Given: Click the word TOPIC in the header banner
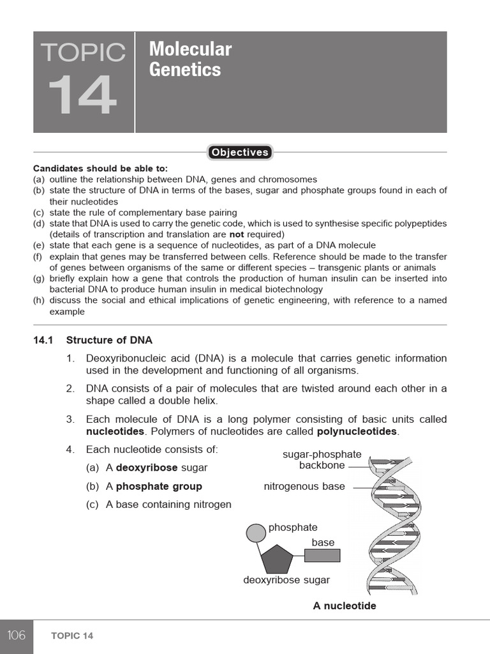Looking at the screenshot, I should pyautogui.click(x=83, y=52).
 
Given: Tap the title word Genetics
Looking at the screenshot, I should pyautogui.click(x=185, y=70).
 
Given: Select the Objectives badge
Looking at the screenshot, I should pyautogui.click(x=240, y=152).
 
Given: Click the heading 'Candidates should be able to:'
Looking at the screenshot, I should pyautogui.click(x=100, y=169).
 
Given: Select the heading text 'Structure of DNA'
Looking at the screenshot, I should pyautogui.click(x=109, y=340).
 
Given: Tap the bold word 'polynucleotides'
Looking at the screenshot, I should pyautogui.click(x=357, y=432).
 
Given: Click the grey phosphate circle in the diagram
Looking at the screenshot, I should pyautogui.click(x=256, y=532).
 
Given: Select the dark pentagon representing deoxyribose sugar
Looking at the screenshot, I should pyautogui.click(x=277, y=559).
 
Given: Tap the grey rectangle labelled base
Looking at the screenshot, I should pyautogui.click(x=322, y=555).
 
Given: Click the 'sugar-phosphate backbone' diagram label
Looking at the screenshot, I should pyautogui.click(x=322, y=460).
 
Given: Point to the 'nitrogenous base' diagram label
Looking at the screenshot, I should pyautogui.click(x=304, y=487).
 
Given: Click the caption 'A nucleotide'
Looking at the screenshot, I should pyautogui.click(x=345, y=605).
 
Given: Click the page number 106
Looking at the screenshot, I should pyautogui.click(x=17, y=635).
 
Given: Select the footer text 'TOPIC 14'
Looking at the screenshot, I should pyautogui.click(x=72, y=636).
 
